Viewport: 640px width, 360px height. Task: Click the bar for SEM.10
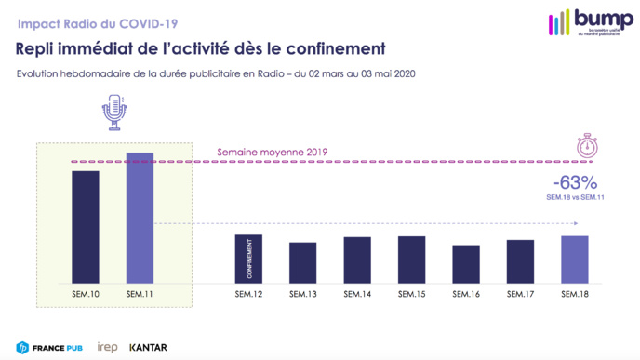point(86,226)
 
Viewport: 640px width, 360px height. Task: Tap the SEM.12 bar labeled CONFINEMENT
point(248,258)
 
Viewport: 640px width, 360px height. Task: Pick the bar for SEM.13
point(302,261)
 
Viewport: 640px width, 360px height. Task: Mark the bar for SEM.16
point(466,263)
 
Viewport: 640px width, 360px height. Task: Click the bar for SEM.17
point(520,260)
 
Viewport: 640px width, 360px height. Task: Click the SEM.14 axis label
point(357,295)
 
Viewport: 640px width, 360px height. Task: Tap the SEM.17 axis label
point(520,295)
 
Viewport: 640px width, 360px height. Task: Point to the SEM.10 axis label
point(86,295)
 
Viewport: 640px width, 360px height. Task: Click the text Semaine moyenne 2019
point(273,152)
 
